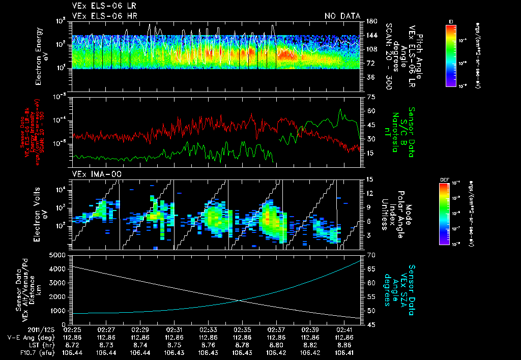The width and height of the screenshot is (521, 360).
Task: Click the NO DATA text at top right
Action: (342, 16)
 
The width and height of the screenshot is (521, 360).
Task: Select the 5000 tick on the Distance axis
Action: (60, 255)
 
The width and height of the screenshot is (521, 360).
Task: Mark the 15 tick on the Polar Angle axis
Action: (370, 179)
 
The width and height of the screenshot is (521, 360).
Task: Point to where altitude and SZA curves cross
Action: (239, 300)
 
